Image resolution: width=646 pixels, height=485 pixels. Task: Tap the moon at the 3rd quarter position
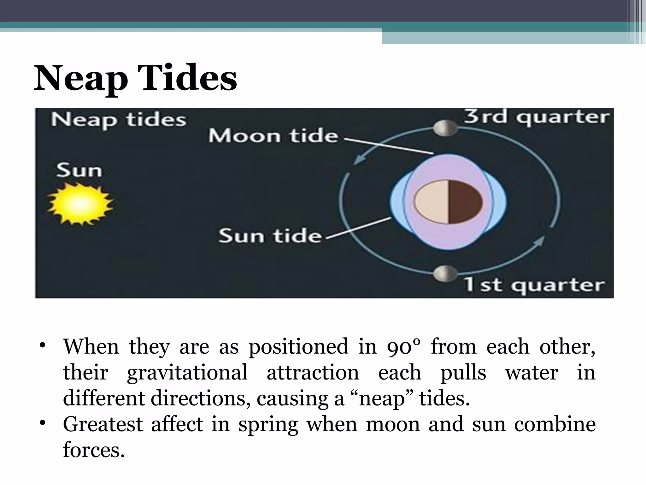(445, 128)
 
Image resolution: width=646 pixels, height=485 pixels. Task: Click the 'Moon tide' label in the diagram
(273, 136)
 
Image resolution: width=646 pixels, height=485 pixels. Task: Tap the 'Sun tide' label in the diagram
(270, 236)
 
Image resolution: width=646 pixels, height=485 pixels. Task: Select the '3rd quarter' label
(536, 117)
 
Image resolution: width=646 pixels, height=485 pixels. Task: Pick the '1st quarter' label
(534, 285)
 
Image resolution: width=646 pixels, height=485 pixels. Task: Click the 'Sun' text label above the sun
(79, 171)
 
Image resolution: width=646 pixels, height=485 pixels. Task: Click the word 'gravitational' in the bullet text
(187, 373)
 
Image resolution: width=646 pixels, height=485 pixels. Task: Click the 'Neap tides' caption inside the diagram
(119, 120)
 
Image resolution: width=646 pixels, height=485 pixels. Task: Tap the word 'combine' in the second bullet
(555, 424)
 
